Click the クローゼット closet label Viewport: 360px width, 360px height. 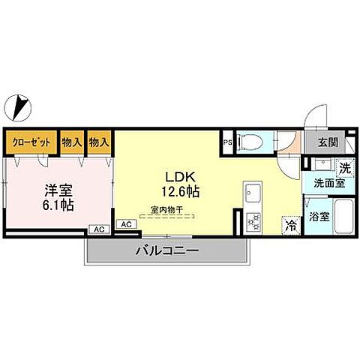pyautogui.click(x=31, y=140)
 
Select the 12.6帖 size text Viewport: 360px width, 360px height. pyautogui.click(x=181, y=192)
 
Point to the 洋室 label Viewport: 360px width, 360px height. pyautogui.click(x=58, y=190)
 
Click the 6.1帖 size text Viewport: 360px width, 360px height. pyautogui.click(x=58, y=204)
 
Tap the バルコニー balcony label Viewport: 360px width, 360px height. pyautogui.click(x=166, y=250)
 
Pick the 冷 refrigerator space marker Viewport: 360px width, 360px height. pyautogui.click(x=290, y=223)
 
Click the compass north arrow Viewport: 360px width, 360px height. pyautogui.click(x=19, y=106)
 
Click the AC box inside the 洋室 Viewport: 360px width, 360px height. pyautogui.click(x=98, y=230)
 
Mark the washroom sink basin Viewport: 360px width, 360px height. pyautogui.click(x=324, y=166)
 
